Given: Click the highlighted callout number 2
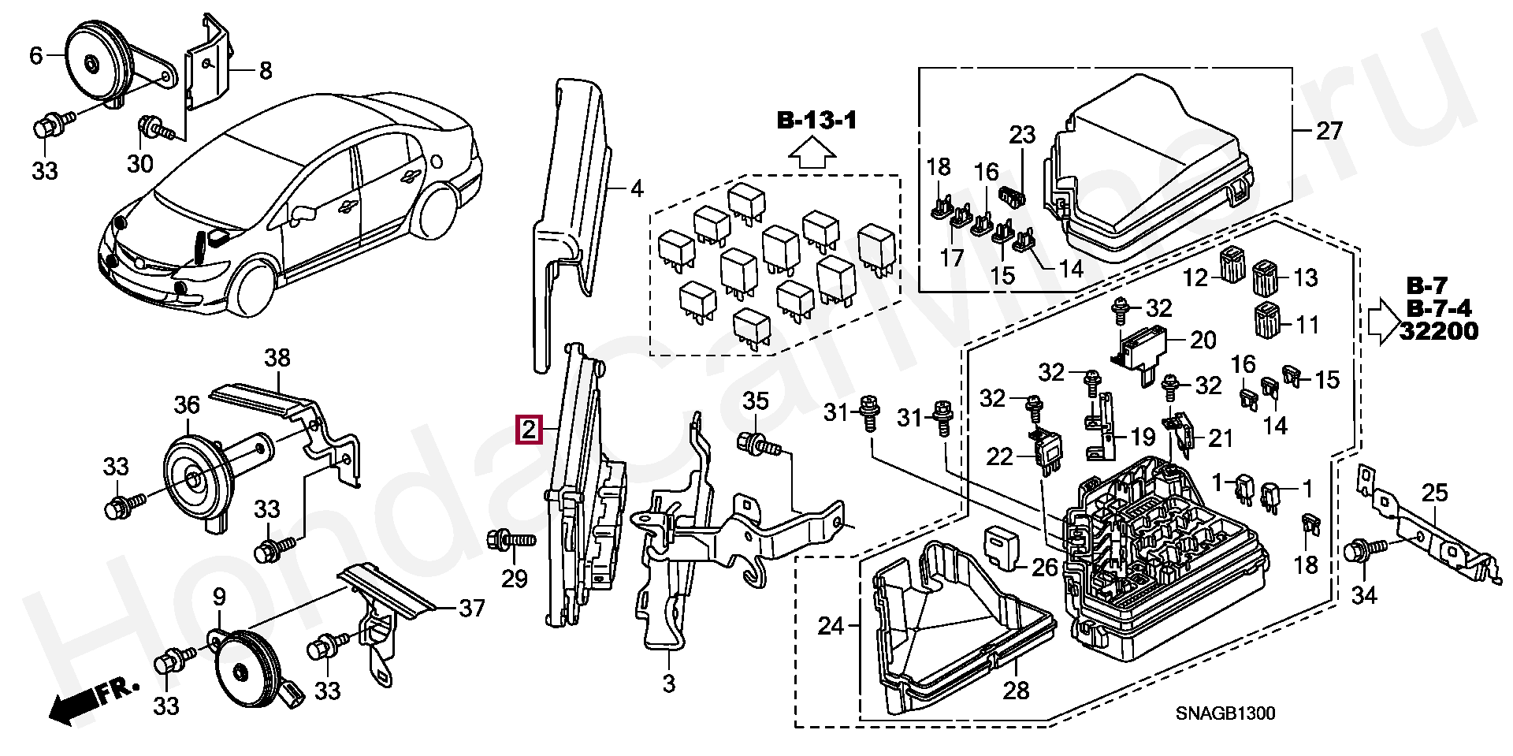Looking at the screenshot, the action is click(x=529, y=430).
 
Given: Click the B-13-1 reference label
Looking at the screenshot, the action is click(x=816, y=121).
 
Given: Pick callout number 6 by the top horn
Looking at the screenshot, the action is click(x=36, y=56).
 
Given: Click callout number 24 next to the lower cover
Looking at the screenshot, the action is click(x=831, y=627).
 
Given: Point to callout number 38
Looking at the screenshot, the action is click(x=277, y=358).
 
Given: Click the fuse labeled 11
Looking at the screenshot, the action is click(x=1266, y=319).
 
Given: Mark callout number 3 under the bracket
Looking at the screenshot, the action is click(x=668, y=683).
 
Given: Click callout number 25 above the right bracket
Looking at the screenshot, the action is click(x=1435, y=493).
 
